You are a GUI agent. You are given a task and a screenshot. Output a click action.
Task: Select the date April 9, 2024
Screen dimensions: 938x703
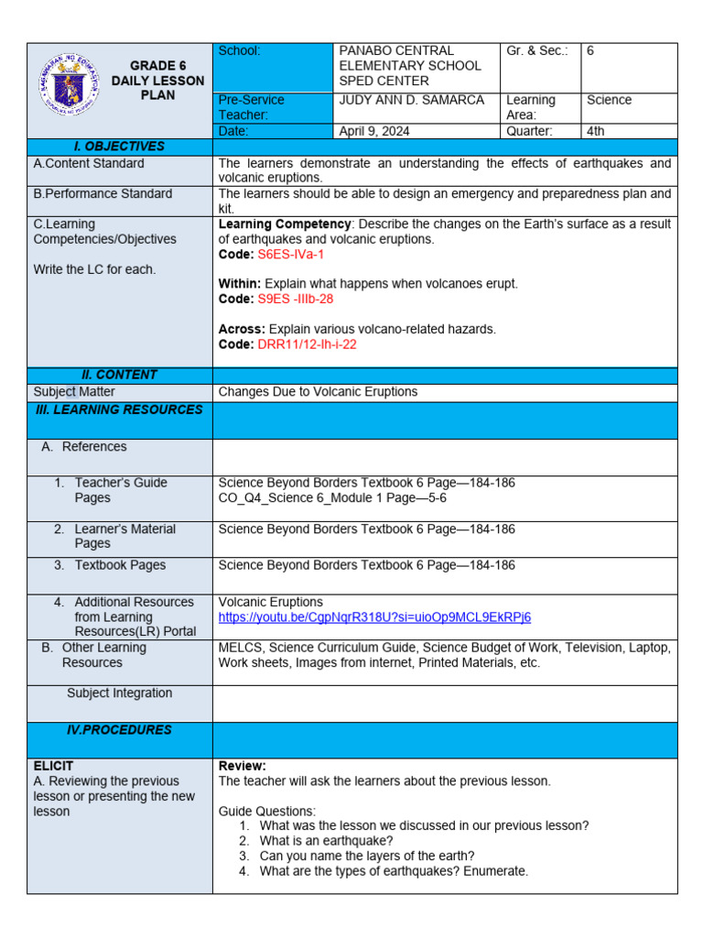point(374,131)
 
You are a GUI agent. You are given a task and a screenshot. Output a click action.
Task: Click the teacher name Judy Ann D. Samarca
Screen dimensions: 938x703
point(411,100)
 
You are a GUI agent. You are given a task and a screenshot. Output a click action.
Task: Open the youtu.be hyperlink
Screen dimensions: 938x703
point(374,617)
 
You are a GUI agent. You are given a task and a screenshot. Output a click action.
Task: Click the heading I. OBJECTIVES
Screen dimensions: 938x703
point(119,147)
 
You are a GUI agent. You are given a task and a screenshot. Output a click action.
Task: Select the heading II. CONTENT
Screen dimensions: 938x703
point(119,375)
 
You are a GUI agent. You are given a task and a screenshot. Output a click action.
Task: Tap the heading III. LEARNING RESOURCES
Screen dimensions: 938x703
point(119,409)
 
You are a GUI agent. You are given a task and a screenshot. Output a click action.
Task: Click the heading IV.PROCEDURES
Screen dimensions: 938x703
point(119,730)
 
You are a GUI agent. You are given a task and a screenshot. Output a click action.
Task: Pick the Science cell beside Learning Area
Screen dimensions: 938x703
point(609,100)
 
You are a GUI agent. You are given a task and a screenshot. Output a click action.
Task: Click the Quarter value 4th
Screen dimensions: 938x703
point(596,131)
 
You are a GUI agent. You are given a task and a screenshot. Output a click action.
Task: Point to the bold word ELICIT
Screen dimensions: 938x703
point(53,766)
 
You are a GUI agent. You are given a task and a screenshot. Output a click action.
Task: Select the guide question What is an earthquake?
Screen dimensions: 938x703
point(327,841)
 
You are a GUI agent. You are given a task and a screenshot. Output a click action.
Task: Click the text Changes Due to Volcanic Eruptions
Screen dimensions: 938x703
point(318,391)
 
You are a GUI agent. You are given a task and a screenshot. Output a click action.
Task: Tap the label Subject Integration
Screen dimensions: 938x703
point(119,693)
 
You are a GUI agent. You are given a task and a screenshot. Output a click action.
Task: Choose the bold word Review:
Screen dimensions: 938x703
point(243,766)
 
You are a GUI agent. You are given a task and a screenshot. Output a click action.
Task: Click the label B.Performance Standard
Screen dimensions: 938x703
point(103,193)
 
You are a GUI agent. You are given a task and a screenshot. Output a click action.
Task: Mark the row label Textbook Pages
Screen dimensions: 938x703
point(120,565)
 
